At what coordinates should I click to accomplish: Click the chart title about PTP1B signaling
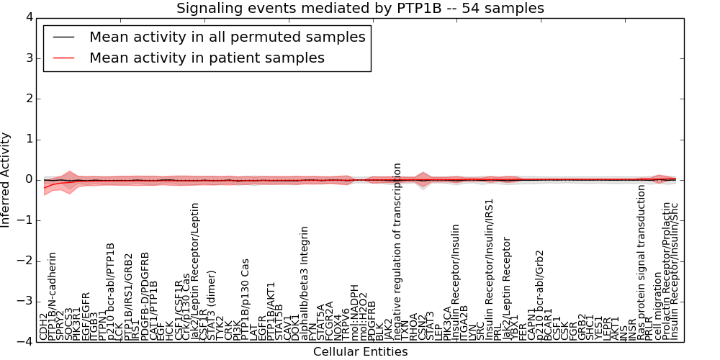pos(360,8)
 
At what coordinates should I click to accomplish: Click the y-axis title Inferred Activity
pos(6,179)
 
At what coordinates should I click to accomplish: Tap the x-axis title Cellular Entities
pos(360,352)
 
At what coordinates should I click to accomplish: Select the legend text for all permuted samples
pos(227,37)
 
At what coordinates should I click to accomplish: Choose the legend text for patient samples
pos(207,58)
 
